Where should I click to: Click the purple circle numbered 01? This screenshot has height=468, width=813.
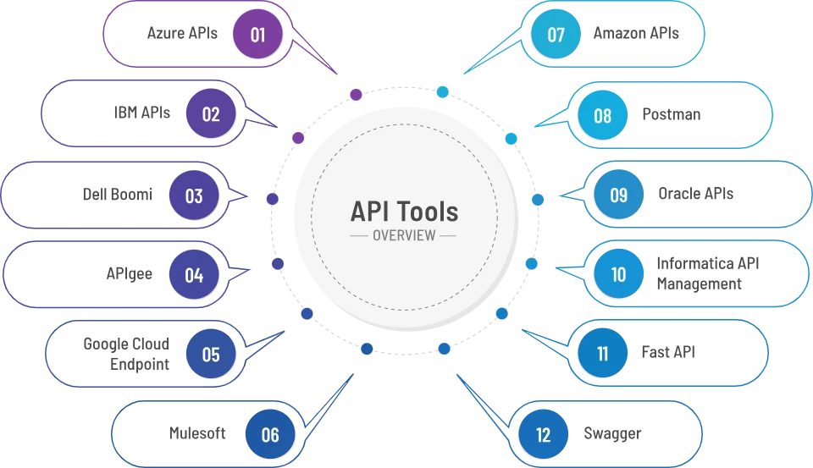pyautogui.click(x=257, y=35)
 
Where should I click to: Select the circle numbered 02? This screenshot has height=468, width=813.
pyautogui.click(x=211, y=114)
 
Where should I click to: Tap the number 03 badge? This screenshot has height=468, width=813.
pyautogui.click(x=194, y=195)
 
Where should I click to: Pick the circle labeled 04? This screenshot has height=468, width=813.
pyautogui.click(x=194, y=275)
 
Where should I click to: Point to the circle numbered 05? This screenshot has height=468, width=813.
pyautogui.click(x=211, y=355)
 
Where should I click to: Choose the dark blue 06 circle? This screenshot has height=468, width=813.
pyautogui.click(x=269, y=435)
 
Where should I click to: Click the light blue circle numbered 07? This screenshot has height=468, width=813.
pyautogui.click(x=556, y=35)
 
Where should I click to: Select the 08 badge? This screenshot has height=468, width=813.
pyautogui.click(x=602, y=115)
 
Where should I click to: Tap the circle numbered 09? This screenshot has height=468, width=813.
pyautogui.click(x=618, y=195)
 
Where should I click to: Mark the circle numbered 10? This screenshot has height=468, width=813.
pyautogui.click(x=618, y=275)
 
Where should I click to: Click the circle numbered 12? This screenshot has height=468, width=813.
pyautogui.click(x=544, y=435)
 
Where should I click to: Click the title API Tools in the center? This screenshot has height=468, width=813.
pyautogui.click(x=404, y=211)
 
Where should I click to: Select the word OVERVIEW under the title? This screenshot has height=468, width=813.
pyautogui.click(x=404, y=235)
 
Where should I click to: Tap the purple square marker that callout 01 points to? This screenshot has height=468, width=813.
pyautogui.click(x=357, y=95)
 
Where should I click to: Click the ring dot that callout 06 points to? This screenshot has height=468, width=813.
pyautogui.click(x=366, y=348)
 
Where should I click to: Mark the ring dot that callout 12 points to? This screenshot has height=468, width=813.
pyautogui.click(x=445, y=349)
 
